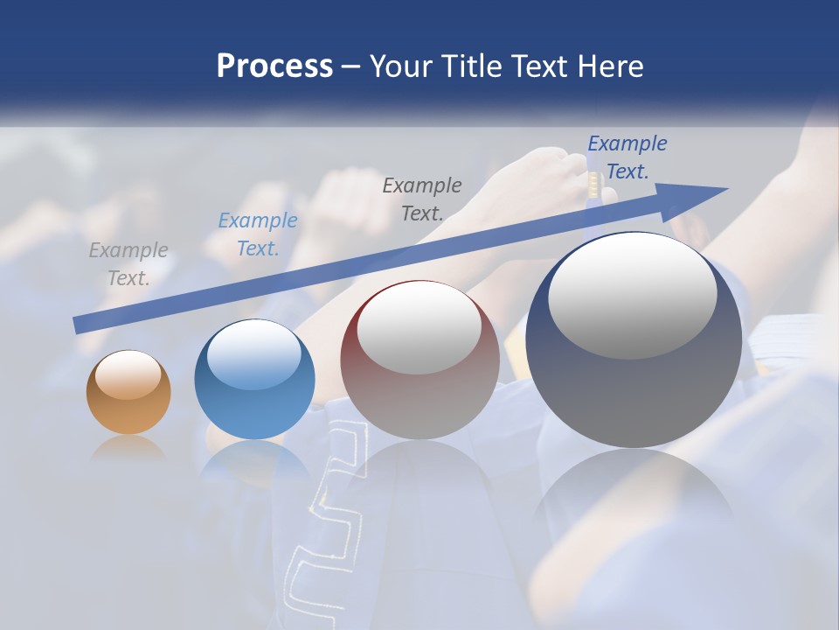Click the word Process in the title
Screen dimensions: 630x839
tap(274, 66)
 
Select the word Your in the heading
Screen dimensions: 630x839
tap(399, 66)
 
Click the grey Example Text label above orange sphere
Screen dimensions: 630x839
tap(128, 264)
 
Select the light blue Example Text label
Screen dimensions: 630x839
tap(257, 234)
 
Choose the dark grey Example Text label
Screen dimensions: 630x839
tap(422, 199)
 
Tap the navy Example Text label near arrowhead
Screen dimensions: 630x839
tap(628, 157)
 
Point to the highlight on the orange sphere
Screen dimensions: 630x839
tap(128, 374)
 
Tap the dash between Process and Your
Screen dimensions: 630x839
tap(351, 66)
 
